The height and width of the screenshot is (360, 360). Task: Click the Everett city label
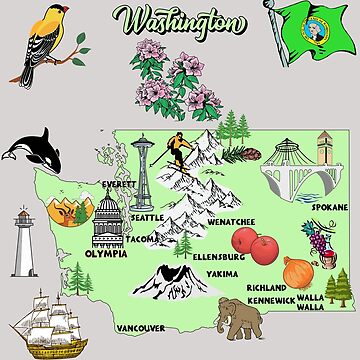(121, 185)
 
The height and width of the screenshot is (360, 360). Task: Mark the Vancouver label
(140, 326)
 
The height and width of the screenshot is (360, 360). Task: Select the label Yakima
(222, 271)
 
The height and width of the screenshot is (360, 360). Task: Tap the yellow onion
(298, 271)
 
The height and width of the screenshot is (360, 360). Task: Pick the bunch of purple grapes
(318, 239)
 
